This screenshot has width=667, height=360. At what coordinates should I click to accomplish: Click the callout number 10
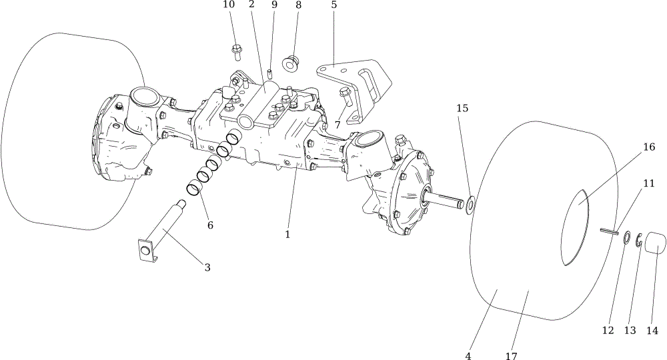click(229, 5)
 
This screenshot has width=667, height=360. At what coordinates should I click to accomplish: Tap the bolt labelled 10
click(237, 52)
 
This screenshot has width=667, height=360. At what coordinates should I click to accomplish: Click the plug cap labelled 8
click(291, 63)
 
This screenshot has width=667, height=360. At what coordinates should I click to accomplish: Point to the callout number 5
click(334, 5)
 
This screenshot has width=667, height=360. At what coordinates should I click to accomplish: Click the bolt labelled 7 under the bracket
click(345, 98)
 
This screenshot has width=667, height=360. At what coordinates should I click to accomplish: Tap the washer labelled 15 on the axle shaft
click(470, 205)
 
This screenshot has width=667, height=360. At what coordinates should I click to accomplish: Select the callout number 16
click(649, 147)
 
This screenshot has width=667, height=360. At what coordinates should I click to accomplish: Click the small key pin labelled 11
click(609, 231)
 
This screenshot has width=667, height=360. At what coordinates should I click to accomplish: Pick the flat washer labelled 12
click(626, 237)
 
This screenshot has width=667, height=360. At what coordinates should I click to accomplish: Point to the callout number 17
click(511, 355)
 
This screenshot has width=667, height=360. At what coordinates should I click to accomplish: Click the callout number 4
click(468, 355)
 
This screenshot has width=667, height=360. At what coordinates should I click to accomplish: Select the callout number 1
click(287, 234)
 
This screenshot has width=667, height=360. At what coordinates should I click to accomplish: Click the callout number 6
click(210, 225)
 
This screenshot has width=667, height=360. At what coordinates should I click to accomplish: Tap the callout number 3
click(207, 267)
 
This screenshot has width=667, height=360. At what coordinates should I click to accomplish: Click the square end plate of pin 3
click(146, 249)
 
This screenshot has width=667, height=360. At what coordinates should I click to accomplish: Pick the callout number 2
click(251, 5)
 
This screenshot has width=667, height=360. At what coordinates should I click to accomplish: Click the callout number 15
click(462, 109)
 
